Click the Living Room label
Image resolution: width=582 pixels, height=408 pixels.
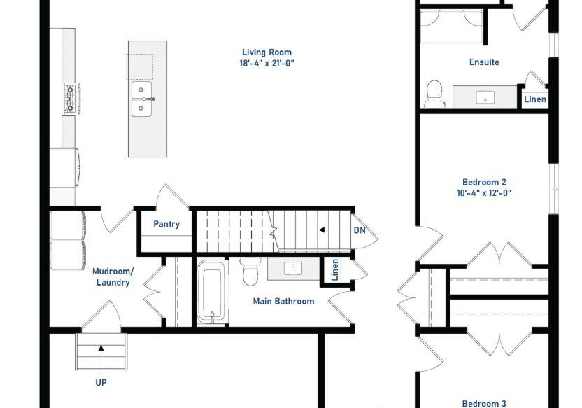click(267, 52)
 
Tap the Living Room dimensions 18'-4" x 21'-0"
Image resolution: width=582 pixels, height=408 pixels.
click(267, 63)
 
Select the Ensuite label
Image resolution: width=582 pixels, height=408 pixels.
click(484, 62)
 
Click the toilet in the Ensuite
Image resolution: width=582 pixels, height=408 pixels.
click(434, 94)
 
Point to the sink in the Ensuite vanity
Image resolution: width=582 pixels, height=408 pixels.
click(485, 98)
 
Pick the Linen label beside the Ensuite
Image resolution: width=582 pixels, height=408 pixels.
click(535, 99)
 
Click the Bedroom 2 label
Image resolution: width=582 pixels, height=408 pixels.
click(484, 182)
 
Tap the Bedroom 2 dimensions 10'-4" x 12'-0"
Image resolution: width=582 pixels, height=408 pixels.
click(484, 193)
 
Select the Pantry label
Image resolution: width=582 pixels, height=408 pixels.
click(166, 224)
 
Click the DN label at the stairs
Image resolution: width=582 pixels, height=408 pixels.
click(360, 230)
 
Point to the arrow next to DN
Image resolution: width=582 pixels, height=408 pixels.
click(334, 230)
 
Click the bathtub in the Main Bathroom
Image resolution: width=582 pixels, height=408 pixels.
click(211, 292)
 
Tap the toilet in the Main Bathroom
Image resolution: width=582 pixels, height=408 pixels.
click(250, 272)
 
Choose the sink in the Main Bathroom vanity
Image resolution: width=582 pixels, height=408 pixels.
click(293, 267)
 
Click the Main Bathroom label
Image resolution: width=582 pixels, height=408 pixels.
click(283, 301)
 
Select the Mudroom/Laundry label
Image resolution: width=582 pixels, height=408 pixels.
click(113, 277)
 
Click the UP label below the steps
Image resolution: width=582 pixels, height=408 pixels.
click(101, 382)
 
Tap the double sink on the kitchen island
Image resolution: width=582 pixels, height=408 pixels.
click(141, 99)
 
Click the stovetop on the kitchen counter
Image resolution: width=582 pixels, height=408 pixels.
click(71, 99)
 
